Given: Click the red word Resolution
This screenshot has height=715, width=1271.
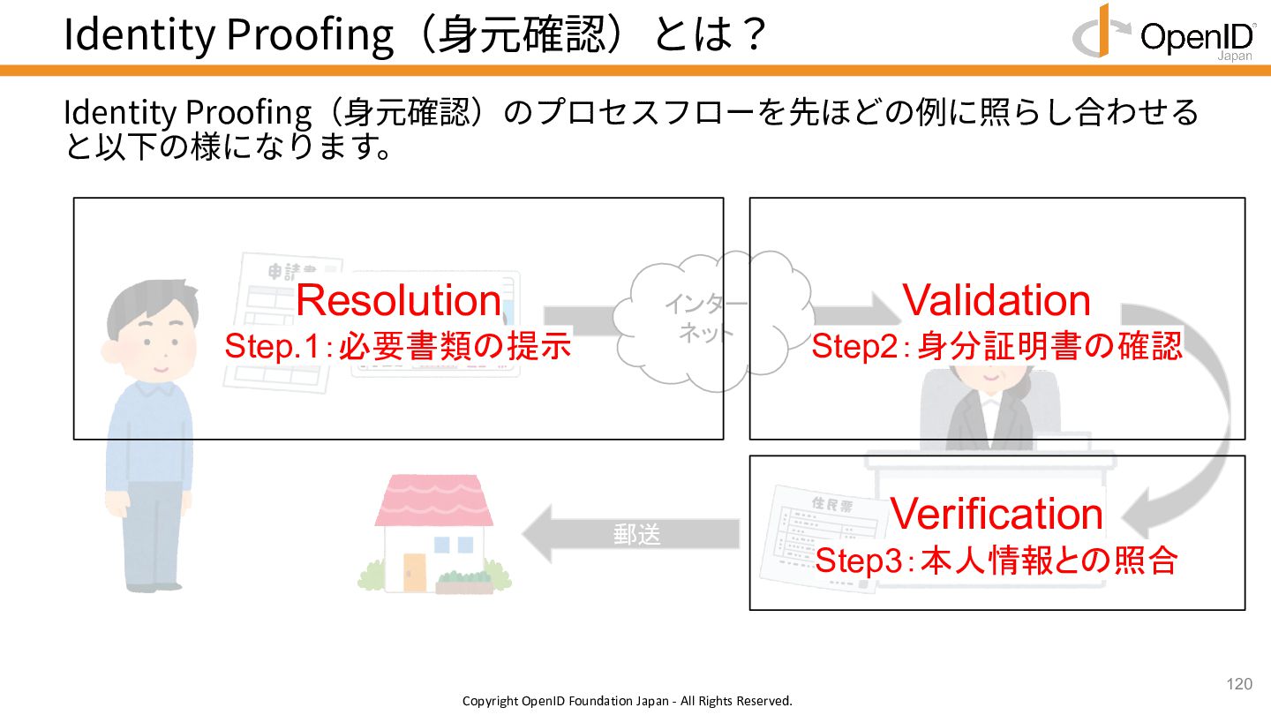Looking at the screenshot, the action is pyautogui.click(x=398, y=301).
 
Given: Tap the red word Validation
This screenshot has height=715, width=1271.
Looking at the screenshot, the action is pyautogui.click(x=996, y=301).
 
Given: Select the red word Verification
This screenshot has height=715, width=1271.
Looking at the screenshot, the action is pyautogui.click(x=996, y=514).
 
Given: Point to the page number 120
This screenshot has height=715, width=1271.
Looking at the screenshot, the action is pyautogui.click(x=1239, y=684).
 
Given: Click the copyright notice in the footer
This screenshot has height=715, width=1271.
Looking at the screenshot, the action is pyautogui.click(x=628, y=701).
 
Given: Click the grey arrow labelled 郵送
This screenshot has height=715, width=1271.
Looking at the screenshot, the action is pyautogui.click(x=631, y=534).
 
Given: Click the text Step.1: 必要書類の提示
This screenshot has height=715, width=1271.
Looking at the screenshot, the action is pyautogui.click(x=398, y=347).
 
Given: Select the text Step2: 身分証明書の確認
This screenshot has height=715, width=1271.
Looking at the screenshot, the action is pyautogui.click(x=996, y=347).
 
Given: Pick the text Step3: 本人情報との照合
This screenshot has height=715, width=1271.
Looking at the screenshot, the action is pyautogui.click(x=996, y=561).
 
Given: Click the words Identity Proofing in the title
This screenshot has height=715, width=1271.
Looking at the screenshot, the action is pyautogui.click(x=228, y=35).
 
